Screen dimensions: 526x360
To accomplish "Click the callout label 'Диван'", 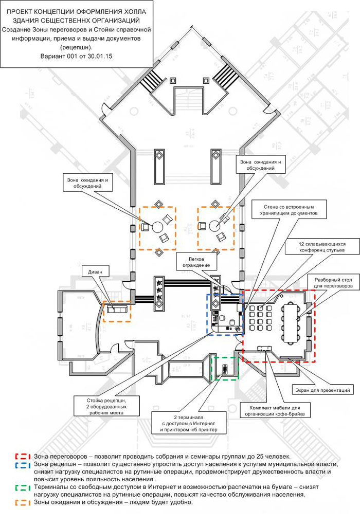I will [x=95, y=271].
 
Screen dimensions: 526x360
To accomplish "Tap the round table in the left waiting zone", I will [x=156, y=226].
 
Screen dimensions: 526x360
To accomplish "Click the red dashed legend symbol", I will [x=24, y=456].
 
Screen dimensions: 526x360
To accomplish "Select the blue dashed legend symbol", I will [x=24, y=464].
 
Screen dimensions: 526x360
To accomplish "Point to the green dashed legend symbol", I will [x=24, y=487].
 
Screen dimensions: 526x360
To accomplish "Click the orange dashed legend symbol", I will [x=24, y=502].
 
